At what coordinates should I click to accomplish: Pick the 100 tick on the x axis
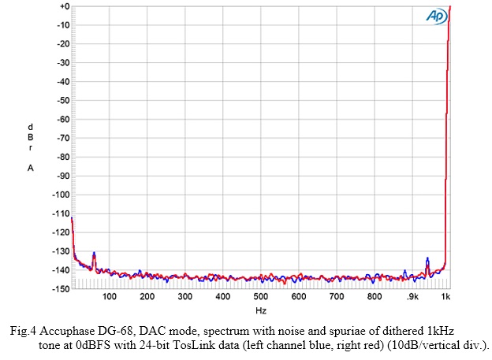pyautogui.click(x=110, y=297)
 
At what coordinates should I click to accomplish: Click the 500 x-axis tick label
pyautogui.click(x=261, y=297)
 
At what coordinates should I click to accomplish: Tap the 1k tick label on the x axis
pyautogui.click(x=446, y=297)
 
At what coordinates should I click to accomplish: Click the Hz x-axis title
pyautogui.click(x=261, y=311)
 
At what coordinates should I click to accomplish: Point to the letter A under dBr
pyautogui.click(x=30, y=167)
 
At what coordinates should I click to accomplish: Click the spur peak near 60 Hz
pyautogui.click(x=94, y=254)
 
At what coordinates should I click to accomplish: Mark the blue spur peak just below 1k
pyautogui.click(x=427, y=258)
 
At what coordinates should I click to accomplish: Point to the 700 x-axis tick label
pyautogui.click(x=337, y=297)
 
